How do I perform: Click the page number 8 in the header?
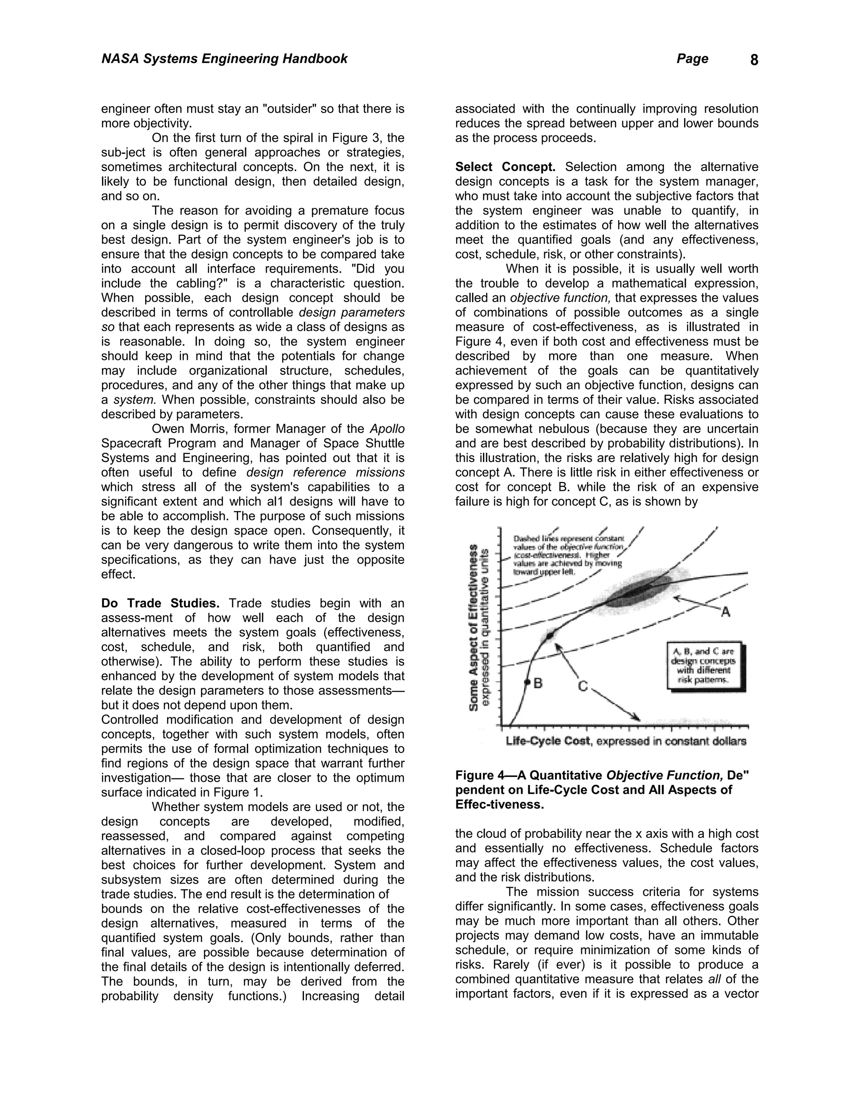[754, 60]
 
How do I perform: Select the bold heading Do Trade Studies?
[160, 604]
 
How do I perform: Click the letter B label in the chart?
[537, 683]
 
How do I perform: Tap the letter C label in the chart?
[583, 686]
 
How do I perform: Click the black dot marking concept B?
[527, 682]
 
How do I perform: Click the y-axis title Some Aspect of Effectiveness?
[475, 627]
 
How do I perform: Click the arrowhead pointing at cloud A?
[678, 598]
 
